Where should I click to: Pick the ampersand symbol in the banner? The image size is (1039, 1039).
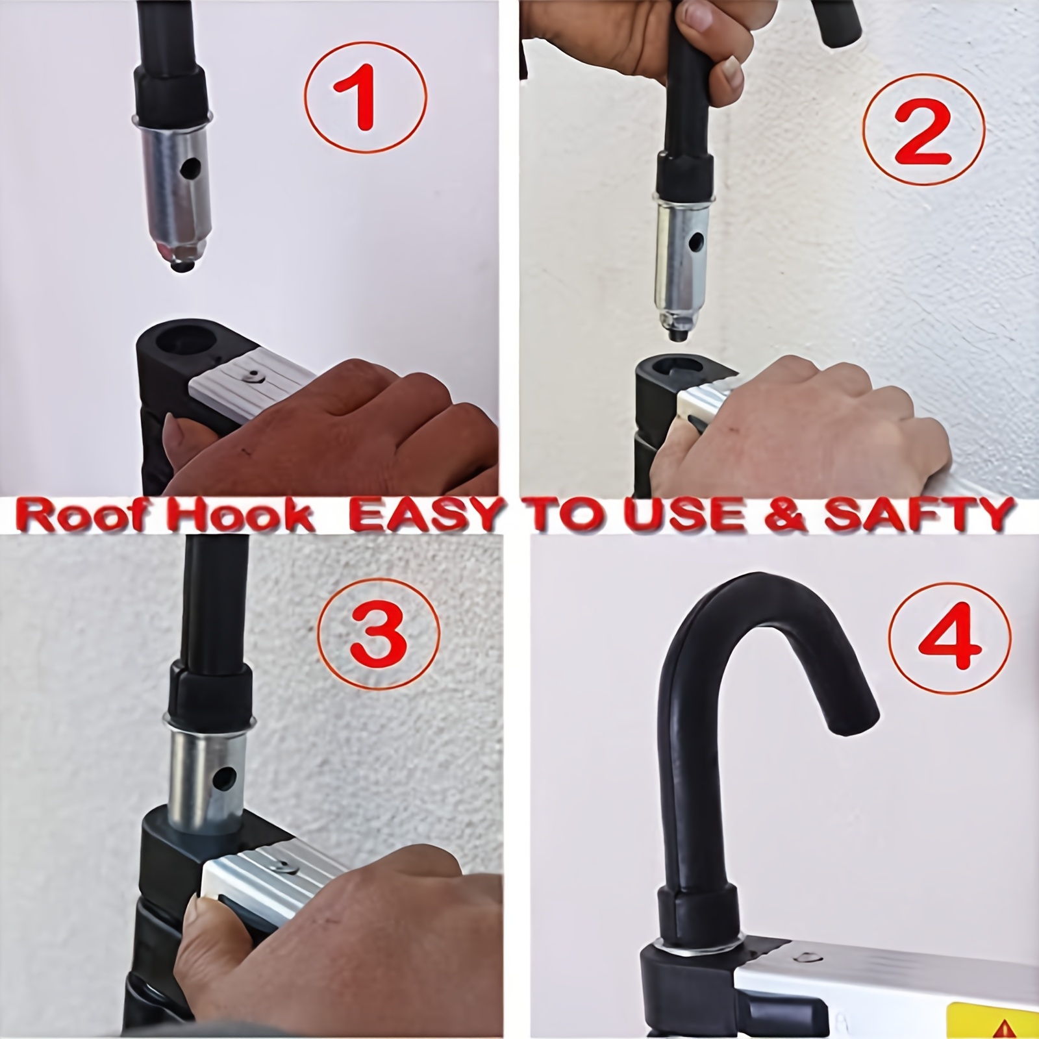click(795, 515)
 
